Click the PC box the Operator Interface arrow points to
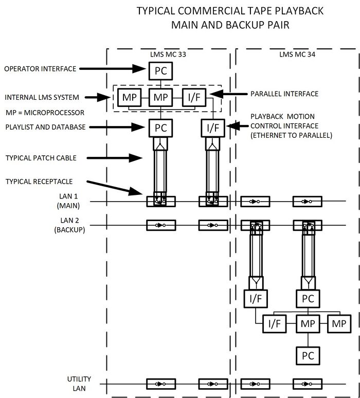click(x=160, y=70)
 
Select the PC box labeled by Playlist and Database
click(x=160, y=128)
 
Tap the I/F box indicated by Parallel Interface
click(x=193, y=97)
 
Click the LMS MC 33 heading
click(x=160, y=54)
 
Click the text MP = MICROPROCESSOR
click(x=45, y=113)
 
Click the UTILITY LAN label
click(x=78, y=383)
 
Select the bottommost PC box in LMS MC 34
click(x=308, y=355)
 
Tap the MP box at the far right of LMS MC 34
click(x=339, y=324)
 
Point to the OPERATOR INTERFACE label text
click(x=40, y=68)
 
